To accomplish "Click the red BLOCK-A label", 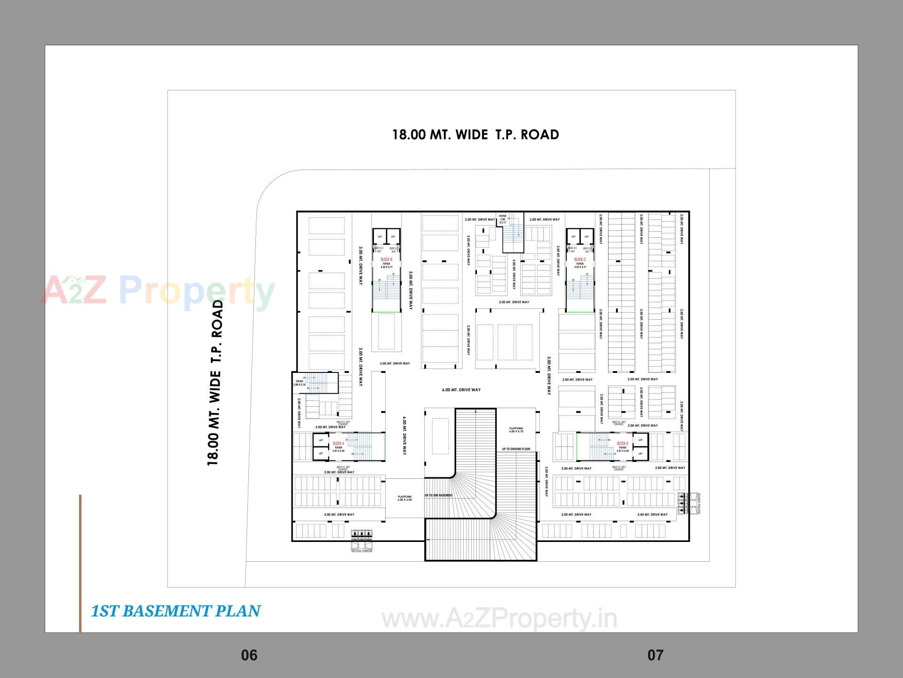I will tap(339, 444).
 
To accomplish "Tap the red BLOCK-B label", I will tap(386, 259).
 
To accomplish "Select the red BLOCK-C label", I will tap(579, 259).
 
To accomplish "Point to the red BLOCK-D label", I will tap(622, 444).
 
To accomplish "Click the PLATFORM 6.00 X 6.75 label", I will tap(516, 430).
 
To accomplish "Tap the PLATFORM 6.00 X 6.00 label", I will tap(404, 498).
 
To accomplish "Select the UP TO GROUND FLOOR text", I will tap(516, 449).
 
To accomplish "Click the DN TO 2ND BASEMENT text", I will tap(438, 495).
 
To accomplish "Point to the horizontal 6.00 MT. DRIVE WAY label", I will tap(461, 390).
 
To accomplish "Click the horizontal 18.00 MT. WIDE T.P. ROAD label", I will tap(475, 135).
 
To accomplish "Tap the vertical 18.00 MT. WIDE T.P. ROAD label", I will tap(214, 383).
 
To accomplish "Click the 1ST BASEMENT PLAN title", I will tap(175, 611).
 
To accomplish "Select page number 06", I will tap(249, 655).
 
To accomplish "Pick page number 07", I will tap(655, 655).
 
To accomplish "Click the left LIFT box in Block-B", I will tap(380, 236).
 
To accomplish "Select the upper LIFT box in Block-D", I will tap(640, 440).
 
